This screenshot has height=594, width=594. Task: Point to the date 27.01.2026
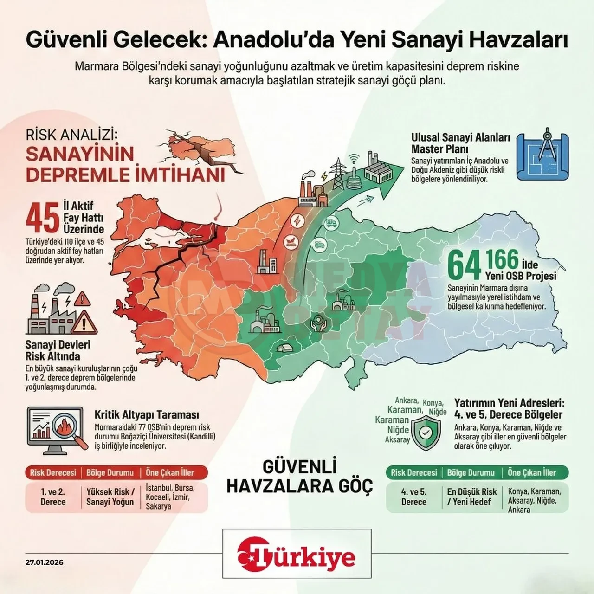pos(45,562)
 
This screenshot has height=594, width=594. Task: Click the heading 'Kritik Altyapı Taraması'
pos(147,414)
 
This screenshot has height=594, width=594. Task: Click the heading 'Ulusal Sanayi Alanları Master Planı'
pos(460,143)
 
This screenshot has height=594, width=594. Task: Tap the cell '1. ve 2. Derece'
pos(53,497)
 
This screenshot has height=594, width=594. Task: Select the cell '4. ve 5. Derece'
pos(413,497)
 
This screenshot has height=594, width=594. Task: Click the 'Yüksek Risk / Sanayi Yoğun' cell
pos(110,497)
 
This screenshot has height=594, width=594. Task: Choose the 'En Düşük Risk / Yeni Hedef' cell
pos(471,497)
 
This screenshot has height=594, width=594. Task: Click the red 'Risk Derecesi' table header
pos(53,473)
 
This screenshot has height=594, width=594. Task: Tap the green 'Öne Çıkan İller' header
pos(531,473)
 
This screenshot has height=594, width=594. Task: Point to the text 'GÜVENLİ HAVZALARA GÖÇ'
pos(299,476)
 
